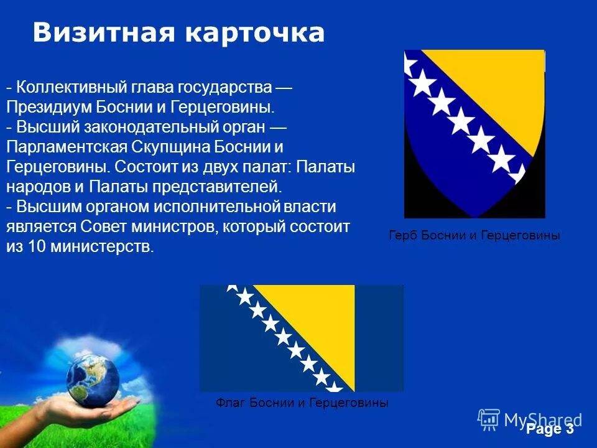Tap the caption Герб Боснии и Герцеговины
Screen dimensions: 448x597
474,236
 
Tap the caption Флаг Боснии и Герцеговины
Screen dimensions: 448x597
302,403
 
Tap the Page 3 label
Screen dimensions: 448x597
550,429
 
